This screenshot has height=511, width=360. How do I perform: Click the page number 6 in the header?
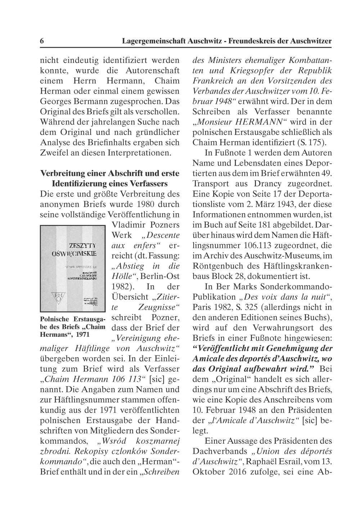(42, 41)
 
